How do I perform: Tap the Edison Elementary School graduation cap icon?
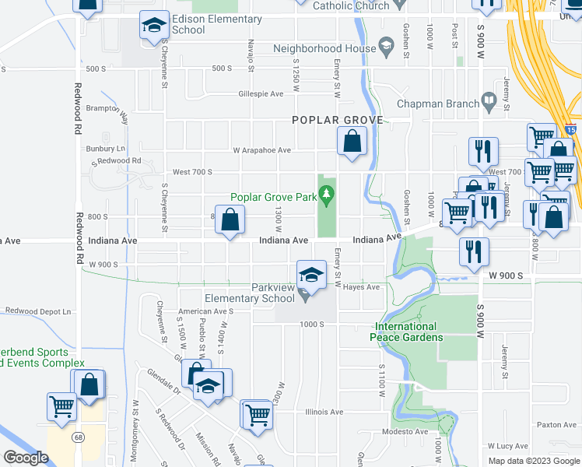point(154,26)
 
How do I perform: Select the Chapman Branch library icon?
point(488,101)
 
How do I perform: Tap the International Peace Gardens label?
point(408,332)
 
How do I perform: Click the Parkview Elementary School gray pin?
point(305,293)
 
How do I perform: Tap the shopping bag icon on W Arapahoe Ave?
point(352,142)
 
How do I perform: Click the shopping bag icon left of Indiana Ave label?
point(230,220)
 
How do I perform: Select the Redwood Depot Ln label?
point(38,311)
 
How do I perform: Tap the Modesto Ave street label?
point(405,432)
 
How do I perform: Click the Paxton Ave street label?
point(556,425)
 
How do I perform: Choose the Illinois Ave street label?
point(324,413)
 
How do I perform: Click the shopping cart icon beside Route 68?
point(61,406)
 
